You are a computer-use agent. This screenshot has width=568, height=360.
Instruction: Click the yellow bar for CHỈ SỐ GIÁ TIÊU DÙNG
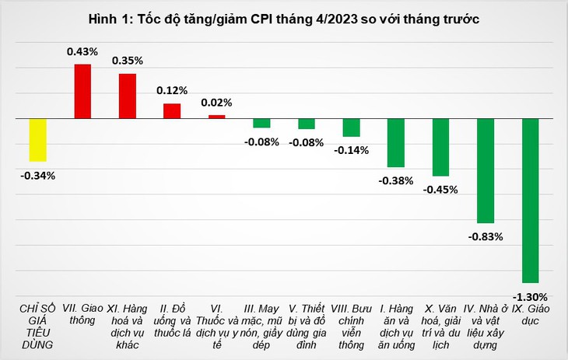pyautogui.click(x=37, y=140)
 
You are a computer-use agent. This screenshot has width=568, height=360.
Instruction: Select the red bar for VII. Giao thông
pyautogui.click(x=82, y=91)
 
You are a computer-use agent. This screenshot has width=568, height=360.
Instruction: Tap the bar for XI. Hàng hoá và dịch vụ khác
pyautogui.click(x=128, y=96)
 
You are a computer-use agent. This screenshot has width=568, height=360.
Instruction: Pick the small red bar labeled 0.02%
pyautogui.click(x=216, y=117)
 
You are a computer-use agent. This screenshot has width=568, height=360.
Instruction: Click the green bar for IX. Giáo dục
pyautogui.click(x=531, y=201)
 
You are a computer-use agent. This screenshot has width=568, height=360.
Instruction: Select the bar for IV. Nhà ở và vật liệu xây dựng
pyautogui.click(x=486, y=170)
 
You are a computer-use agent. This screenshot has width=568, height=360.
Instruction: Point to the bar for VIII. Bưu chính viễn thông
pyautogui.click(x=352, y=128)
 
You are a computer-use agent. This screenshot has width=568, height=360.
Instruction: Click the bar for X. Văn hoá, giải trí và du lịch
pyautogui.click(x=440, y=147)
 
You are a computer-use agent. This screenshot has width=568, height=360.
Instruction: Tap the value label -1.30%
pyautogui.click(x=530, y=297)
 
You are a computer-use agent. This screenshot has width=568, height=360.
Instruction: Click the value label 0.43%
pyautogui.click(x=82, y=52)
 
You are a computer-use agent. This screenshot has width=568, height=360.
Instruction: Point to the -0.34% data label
pyautogui.click(x=37, y=176)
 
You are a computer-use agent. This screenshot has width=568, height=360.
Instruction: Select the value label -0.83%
pyautogui.click(x=486, y=237)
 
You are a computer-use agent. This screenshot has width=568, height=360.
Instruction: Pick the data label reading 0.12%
pyautogui.click(x=172, y=90)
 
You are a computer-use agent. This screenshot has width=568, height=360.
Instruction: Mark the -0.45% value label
pyautogui.click(x=440, y=190)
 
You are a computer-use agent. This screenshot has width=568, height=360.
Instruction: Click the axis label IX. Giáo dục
pyautogui.click(x=531, y=314)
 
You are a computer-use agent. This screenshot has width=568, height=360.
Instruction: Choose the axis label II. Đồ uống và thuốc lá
pyautogui.click(x=172, y=320)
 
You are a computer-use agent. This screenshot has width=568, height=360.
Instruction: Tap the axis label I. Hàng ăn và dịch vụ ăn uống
pyautogui.click(x=396, y=327)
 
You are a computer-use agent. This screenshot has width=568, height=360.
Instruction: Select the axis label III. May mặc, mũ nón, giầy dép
pyautogui.click(x=261, y=327)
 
